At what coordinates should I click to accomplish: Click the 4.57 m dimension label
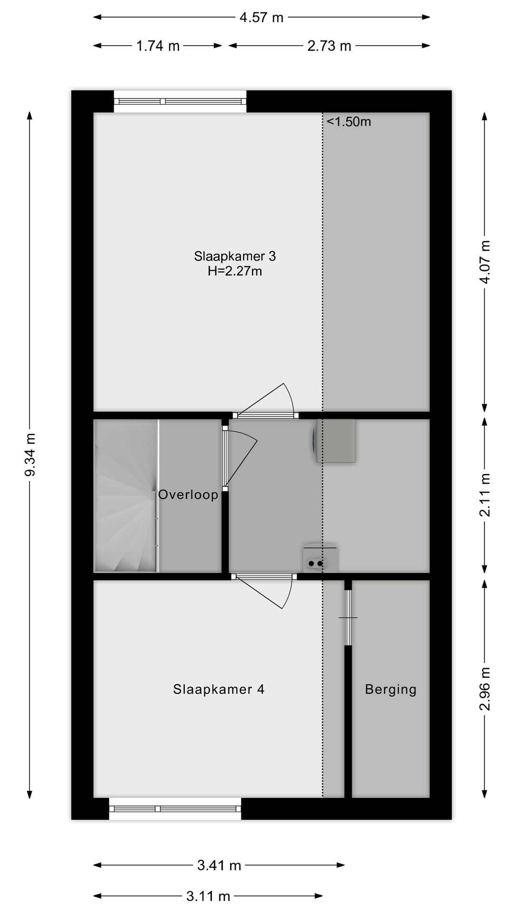pos(261,18)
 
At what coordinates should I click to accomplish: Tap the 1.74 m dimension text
pos(158,46)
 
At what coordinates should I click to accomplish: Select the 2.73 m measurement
pos(329,46)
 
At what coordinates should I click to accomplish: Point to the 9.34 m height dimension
pos(30,454)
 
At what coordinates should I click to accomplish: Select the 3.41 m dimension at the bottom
pos(219,865)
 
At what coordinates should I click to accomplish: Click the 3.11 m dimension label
pos(208,896)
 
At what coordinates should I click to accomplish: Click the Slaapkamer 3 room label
pos(235,256)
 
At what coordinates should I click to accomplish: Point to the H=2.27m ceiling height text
pos(235,272)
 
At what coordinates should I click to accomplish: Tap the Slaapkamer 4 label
pos(218,689)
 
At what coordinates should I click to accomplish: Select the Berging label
pos(390,689)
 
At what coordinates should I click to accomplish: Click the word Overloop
pos(188,495)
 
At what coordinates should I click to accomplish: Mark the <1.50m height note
pos(348,122)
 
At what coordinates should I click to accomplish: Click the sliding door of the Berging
pos(348,617)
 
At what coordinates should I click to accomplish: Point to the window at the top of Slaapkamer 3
pos(180,101)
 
